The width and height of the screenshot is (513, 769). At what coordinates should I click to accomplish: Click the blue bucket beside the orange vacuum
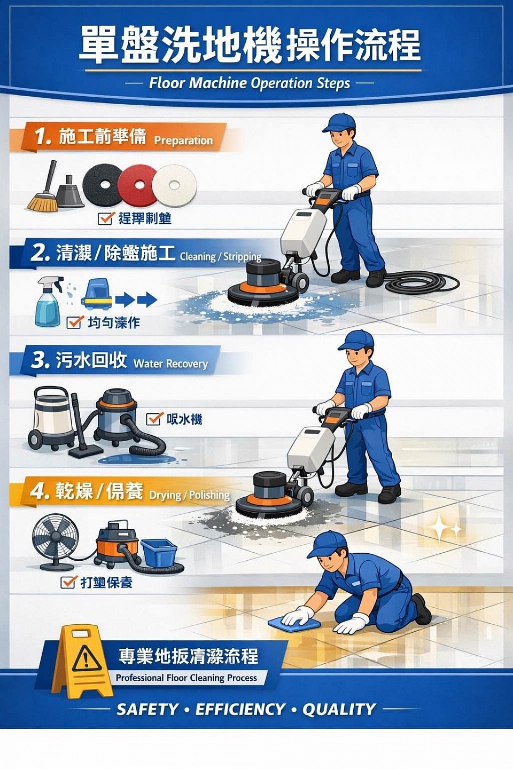click(159, 553)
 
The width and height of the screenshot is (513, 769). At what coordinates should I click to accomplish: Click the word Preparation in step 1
click(183, 140)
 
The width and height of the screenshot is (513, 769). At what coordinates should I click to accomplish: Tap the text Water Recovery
click(170, 364)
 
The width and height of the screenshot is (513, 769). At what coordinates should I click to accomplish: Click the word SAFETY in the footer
click(147, 709)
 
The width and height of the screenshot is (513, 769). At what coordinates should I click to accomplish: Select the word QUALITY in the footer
click(339, 709)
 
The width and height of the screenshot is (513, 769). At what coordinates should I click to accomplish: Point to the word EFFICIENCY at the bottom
click(240, 709)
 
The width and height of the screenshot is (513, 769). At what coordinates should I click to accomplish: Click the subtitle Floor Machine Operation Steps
click(250, 83)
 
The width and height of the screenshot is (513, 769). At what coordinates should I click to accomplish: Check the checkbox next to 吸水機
click(154, 419)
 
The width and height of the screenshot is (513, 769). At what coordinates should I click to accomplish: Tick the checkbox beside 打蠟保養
click(68, 582)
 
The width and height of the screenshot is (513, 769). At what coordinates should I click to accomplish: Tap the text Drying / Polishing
click(189, 495)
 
